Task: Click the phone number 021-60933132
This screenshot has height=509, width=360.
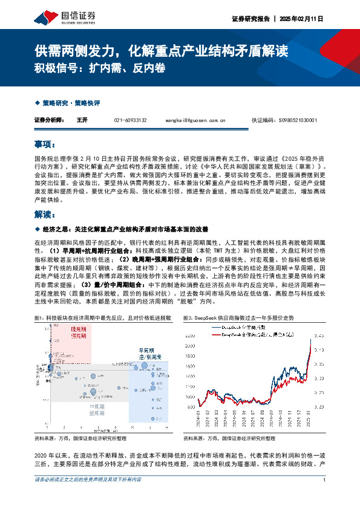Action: [130, 120]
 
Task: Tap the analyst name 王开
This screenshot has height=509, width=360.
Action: [82, 120]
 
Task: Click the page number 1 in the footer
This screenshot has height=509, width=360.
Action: [325, 497]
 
